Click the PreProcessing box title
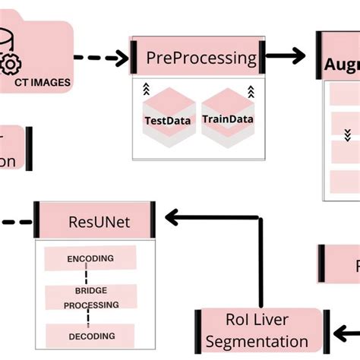pyautogui.click(x=201, y=57)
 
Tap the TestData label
pyautogui.click(x=166, y=120)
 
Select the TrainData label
pyautogui.click(x=227, y=119)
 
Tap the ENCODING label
pyautogui.click(x=90, y=258)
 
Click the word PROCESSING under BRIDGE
pyautogui.click(x=92, y=305)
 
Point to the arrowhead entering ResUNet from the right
pyautogui.click(x=172, y=219)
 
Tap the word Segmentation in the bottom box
pyautogui.click(x=257, y=342)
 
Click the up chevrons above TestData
pyautogui.click(x=147, y=90)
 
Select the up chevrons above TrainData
pyautogui.click(x=250, y=92)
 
